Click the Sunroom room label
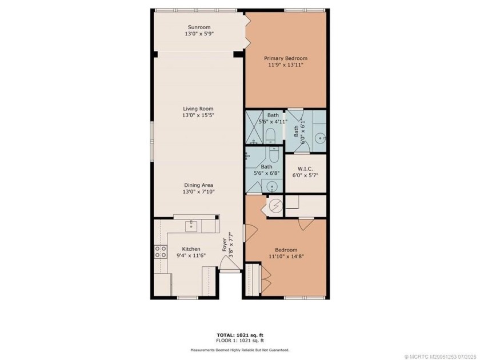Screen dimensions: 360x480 [x=198, y=27]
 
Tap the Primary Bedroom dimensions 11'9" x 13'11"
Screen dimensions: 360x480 [x=285, y=65]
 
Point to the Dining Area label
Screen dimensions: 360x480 [x=198, y=185]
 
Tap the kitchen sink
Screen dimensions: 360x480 [x=190, y=226]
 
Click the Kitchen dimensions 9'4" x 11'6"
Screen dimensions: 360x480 [x=190, y=257]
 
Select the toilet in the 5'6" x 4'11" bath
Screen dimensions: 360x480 [x=272, y=136]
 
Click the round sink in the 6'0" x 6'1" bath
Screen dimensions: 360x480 [x=320, y=137]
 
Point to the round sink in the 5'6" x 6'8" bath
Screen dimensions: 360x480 [x=273, y=186]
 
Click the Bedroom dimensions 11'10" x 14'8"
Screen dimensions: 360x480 [x=286, y=257]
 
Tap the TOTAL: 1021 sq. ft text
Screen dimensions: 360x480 [x=239, y=335]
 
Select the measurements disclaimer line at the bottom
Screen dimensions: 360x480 [x=239, y=350]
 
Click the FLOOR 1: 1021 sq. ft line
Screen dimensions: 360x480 [x=239, y=341]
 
